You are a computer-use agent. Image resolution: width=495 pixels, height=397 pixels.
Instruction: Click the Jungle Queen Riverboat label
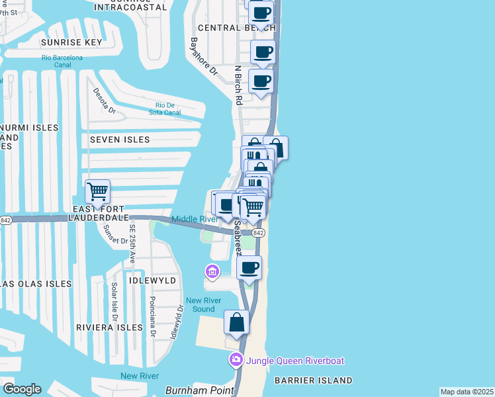click(x=295, y=361)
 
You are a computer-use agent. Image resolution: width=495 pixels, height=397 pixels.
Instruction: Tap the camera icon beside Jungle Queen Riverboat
click(x=236, y=361)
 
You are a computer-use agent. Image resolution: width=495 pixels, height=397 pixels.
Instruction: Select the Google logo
click(x=22, y=389)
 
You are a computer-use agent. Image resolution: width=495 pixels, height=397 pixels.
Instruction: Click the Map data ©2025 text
click(x=467, y=392)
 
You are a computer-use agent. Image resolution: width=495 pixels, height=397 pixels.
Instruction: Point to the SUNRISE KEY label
click(x=71, y=42)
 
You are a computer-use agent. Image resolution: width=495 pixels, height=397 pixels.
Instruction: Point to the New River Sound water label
click(x=203, y=304)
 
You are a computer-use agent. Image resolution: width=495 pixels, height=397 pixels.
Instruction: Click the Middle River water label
click(x=194, y=219)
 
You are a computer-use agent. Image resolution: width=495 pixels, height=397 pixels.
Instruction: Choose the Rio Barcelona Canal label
click(x=62, y=62)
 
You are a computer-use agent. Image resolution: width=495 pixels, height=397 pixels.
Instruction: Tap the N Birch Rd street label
click(x=238, y=84)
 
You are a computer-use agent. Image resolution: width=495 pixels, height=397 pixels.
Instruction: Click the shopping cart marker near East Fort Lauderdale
click(x=97, y=192)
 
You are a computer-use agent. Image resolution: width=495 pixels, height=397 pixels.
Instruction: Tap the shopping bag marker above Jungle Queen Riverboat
click(x=236, y=324)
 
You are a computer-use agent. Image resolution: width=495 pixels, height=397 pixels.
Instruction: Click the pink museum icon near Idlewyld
click(x=212, y=271)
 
